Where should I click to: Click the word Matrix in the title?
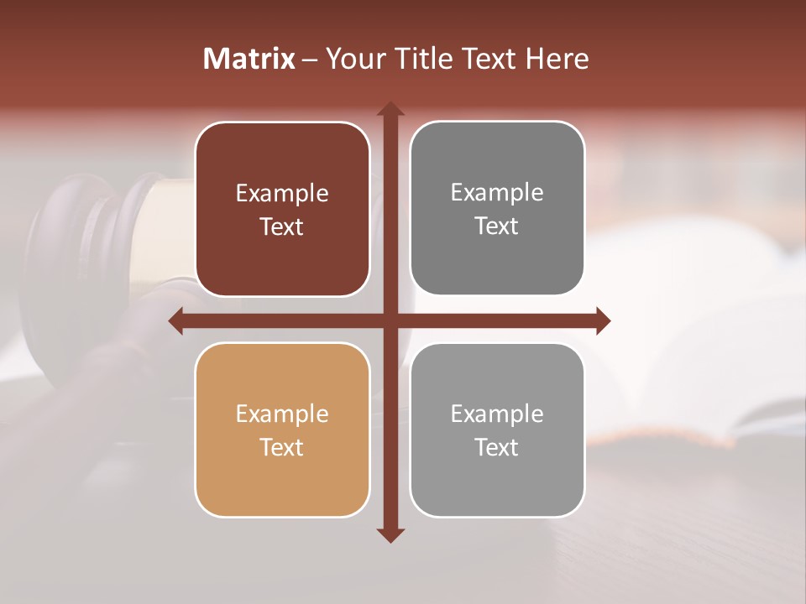pos(249,59)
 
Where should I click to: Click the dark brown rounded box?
pos(282,210)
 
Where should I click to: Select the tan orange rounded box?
pos(282,430)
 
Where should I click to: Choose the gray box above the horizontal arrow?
pos(497,209)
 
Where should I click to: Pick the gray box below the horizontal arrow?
pos(497,430)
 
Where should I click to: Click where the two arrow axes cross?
pos(390,320)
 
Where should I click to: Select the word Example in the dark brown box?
pos(282,194)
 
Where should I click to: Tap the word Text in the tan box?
pos(282,447)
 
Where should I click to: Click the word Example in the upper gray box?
pos(497,193)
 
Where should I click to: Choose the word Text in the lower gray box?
pos(497,447)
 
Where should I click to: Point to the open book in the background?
pos(688,336)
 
